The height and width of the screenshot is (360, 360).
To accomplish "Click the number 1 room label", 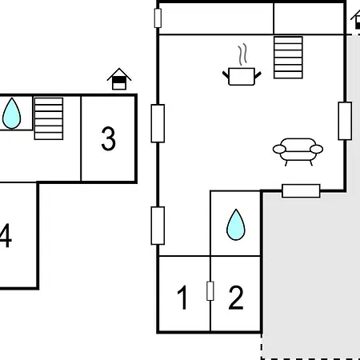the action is coord(183,298).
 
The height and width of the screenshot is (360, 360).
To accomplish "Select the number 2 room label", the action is coord(236,298).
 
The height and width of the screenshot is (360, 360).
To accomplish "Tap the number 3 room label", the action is coord(109,138).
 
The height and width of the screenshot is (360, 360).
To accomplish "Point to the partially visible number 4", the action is coord(6,235).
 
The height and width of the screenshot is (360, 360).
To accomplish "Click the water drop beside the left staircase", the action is coord(11,114).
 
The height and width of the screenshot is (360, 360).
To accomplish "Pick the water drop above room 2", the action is coord(236,225).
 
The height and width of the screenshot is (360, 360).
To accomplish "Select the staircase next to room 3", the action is coord(49,118).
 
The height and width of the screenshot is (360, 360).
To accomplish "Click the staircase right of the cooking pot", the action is coord(288,58).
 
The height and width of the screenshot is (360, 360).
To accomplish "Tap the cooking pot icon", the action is coord(242,77).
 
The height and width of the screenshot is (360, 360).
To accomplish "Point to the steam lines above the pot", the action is coord(242,54).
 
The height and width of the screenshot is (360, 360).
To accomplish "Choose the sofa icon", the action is coord(298,152).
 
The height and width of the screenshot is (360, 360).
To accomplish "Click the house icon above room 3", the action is coord(119,79).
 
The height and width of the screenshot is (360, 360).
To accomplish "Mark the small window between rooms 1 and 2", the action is coord(210,291).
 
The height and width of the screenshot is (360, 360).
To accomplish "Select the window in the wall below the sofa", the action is coord(301,191).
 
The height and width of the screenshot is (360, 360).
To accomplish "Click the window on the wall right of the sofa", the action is coord(345,121).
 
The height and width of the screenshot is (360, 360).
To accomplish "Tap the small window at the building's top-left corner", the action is coord(158,18).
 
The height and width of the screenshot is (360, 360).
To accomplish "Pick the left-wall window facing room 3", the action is coord(158,123).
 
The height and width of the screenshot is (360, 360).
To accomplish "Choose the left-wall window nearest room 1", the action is coord(158,226).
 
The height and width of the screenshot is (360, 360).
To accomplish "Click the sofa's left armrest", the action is coord(279,149).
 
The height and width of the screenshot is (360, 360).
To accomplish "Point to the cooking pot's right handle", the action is coord(258,75).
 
